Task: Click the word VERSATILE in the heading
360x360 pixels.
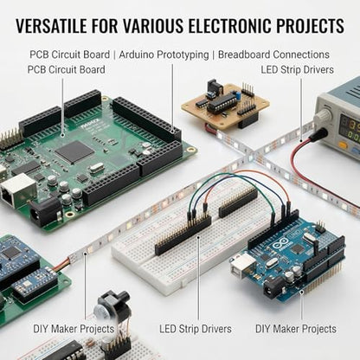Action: (51, 25)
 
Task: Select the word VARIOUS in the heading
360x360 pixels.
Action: (152, 25)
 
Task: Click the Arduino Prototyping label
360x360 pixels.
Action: (164, 55)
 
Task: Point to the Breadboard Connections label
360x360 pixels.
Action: (273, 55)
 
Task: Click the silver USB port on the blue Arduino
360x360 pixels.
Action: (242, 266)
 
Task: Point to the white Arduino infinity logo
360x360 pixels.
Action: (279, 245)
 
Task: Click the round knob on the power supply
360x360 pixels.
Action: (324, 116)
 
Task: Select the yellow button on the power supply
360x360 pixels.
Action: (344, 144)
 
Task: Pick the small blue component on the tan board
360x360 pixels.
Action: (238, 95)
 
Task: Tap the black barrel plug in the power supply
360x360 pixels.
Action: (319, 135)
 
